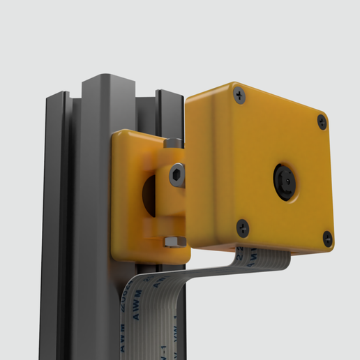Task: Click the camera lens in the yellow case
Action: click(x=285, y=181)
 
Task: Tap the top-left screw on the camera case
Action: click(x=239, y=95)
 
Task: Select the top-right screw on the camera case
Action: click(x=322, y=121)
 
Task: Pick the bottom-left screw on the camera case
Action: click(x=242, y=227)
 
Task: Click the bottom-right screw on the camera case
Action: click(x=327, y=239)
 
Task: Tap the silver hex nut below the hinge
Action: click(x=173, y=241)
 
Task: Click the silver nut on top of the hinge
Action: click(x=174, y=143)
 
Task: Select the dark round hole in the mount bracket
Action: click(x=149, y=194)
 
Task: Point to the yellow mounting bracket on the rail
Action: click(x=133, y=195)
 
